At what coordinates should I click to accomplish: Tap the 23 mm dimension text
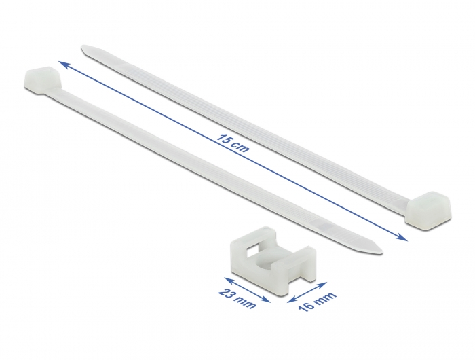pos(237,299)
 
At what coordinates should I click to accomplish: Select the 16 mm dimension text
pos(318,302)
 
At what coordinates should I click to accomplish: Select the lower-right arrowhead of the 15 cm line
pos(402,237)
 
